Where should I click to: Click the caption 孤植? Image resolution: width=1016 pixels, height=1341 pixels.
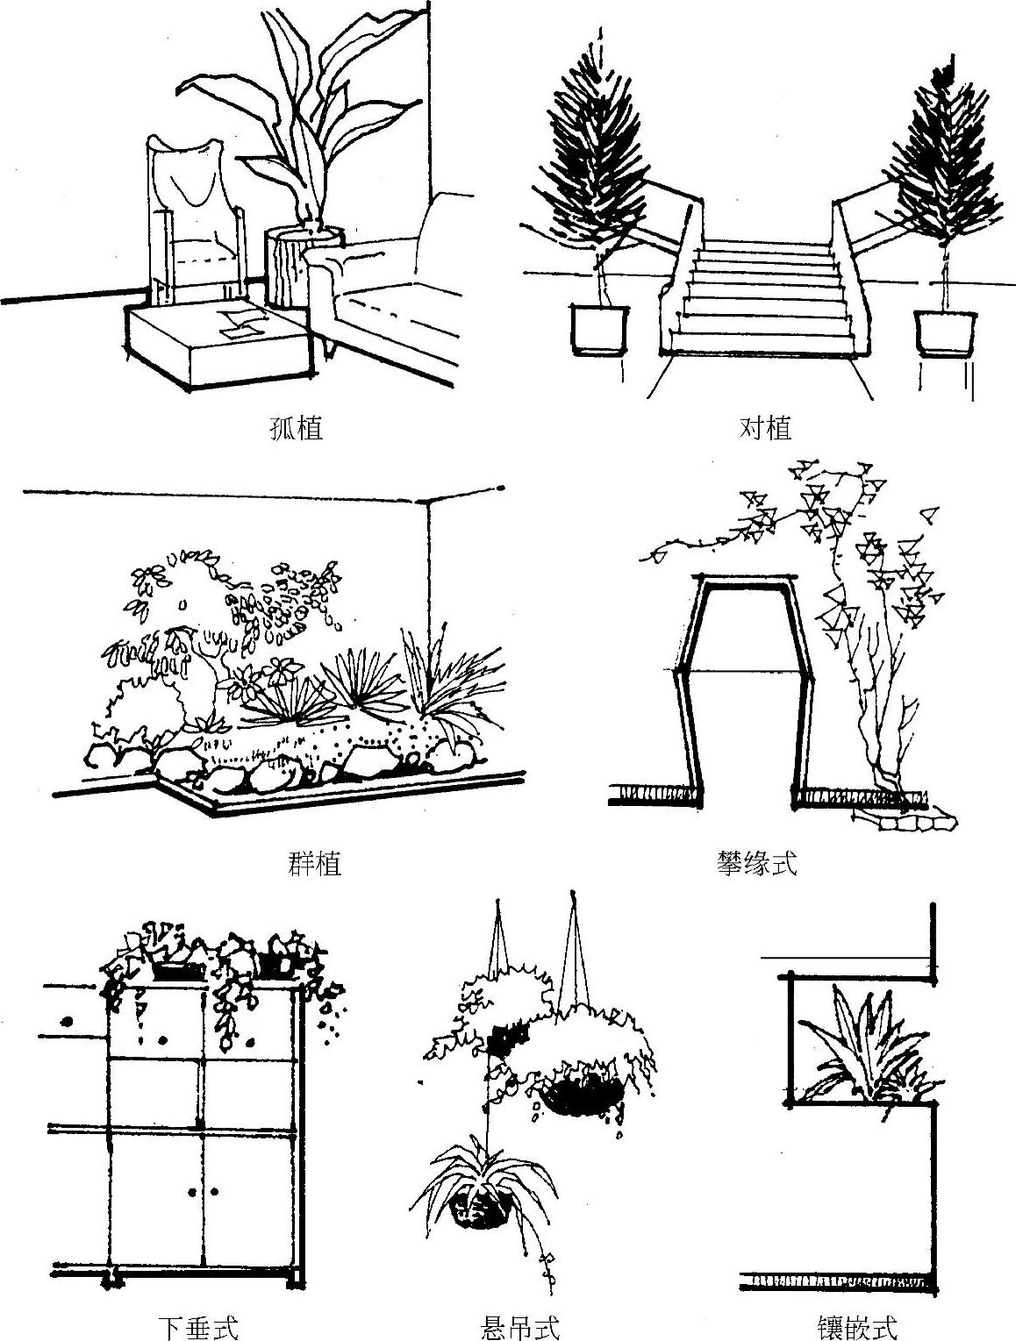(x=296, y=428)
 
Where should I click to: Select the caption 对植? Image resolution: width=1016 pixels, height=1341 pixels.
(x=765, y=428)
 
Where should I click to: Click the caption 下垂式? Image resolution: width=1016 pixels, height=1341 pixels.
(x=198, y=1326)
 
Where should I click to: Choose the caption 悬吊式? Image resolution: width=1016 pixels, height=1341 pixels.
(x=520, y=1326)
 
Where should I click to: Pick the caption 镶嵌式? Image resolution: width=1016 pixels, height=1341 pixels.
(x=857, y=1326)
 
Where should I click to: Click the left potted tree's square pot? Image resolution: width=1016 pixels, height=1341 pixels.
(x=599, y=330)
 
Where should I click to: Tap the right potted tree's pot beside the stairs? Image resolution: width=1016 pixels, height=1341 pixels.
(x=945, y=333)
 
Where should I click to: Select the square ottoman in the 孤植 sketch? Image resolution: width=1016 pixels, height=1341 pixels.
(x=218, y=346)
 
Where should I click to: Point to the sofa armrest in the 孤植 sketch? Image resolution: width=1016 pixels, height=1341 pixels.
(x=324, y=293)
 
